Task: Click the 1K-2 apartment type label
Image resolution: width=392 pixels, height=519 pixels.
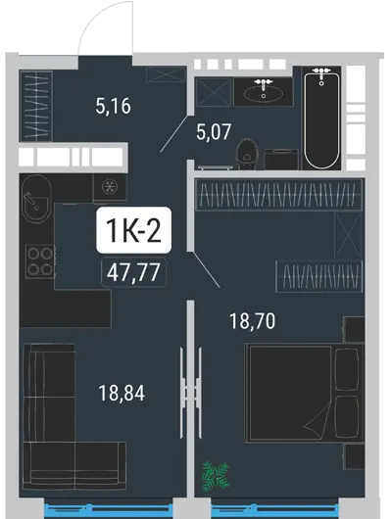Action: [x=133, y=230]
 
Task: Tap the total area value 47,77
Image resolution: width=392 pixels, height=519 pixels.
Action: [x=133, y=272]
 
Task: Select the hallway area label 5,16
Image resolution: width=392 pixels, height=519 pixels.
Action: [x=114, y=107]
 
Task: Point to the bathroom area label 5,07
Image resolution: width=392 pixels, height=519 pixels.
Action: [x=214, y=132]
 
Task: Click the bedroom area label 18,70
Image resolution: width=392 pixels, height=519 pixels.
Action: [x=253, y=321]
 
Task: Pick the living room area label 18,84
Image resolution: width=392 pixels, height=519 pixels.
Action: [x=122, y=394]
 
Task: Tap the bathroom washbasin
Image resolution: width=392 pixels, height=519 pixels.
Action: [x=264, y=92]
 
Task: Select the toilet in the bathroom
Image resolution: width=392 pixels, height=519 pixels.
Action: [x=247, y=155]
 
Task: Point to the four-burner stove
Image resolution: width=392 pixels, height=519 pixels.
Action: [x=40, y=261]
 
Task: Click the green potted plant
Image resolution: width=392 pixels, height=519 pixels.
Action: [x=216, y=476]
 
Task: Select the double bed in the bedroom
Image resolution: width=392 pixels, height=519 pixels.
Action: [x=304, y=394]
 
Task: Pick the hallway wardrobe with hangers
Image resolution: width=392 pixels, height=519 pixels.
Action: [x=37, y=106]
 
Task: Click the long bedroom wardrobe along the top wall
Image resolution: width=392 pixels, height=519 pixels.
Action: [x=279, y=194]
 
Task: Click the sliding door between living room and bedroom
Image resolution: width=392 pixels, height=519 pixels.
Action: [x=190, y=393]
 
